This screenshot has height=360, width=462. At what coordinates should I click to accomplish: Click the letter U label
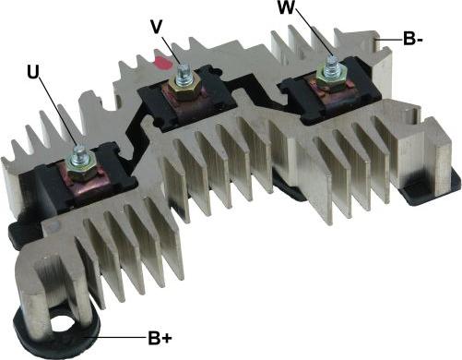33,72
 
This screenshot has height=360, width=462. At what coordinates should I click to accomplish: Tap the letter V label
157,27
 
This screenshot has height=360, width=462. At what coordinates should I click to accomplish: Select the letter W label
286,7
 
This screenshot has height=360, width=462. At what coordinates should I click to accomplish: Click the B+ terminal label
160,338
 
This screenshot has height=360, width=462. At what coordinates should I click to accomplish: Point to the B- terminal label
413,39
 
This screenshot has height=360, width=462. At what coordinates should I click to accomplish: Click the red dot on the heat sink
163,62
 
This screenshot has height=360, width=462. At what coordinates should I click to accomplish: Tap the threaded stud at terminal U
79,155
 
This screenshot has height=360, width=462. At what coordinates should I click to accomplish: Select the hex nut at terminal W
331,76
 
